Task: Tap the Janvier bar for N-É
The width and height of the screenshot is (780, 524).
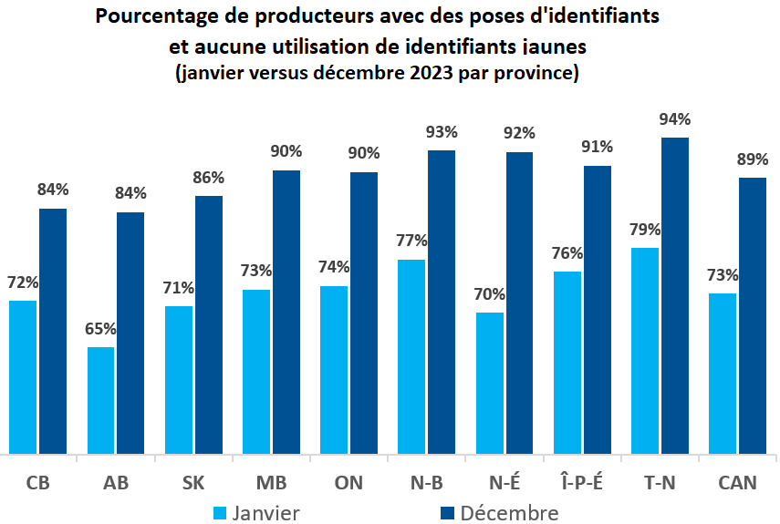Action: [x=489, y=382]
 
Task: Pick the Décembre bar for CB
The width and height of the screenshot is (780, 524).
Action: [x=53, y=330]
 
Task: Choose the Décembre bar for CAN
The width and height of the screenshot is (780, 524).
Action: [x=752, y=314]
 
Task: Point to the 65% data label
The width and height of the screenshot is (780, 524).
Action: [x=100, y=330]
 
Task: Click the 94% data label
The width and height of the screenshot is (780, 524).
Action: [x=674, y=119]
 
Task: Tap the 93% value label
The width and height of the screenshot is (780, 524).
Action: [x=442, y=132]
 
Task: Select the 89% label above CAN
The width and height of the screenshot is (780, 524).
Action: [x=753, y=159]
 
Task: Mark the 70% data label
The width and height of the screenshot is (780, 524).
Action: [x=489, y=294]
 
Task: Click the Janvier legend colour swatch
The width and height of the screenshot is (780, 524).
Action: [x=220, y=513]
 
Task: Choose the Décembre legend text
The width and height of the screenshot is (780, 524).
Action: [x=509, y=513]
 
